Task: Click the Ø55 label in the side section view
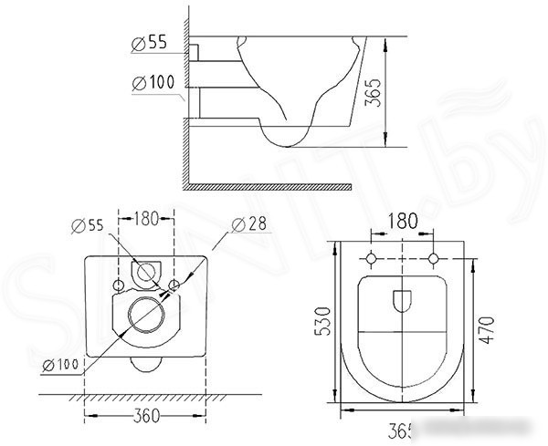[x=150, y=43]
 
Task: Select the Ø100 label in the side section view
[x=153, y=83]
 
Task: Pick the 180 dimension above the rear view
[x=147, y=218]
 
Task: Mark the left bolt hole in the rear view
[x=119, y=285]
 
